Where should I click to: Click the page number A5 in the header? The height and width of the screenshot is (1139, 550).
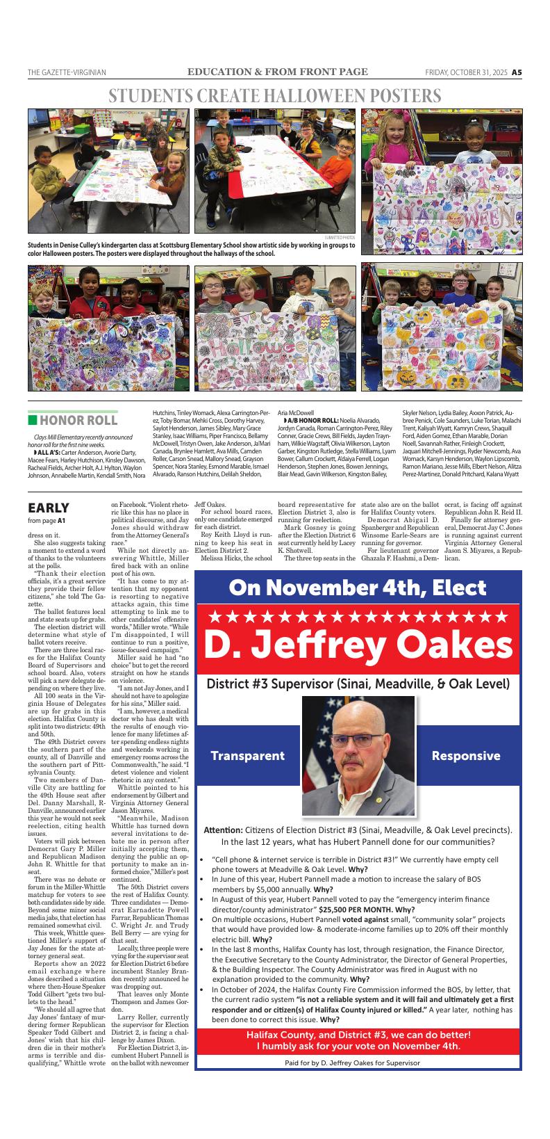coord(517,72)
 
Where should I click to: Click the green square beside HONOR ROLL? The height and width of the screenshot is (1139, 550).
coord(32,420)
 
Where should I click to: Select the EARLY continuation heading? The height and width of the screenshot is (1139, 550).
coord(48,508)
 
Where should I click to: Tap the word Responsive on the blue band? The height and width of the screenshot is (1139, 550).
coord(465,755)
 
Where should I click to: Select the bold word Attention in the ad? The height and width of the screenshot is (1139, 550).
coord(222,830)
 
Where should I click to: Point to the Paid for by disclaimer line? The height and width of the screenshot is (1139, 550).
coord(352,1063)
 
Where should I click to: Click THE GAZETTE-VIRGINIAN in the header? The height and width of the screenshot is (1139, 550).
coord(67,72)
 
